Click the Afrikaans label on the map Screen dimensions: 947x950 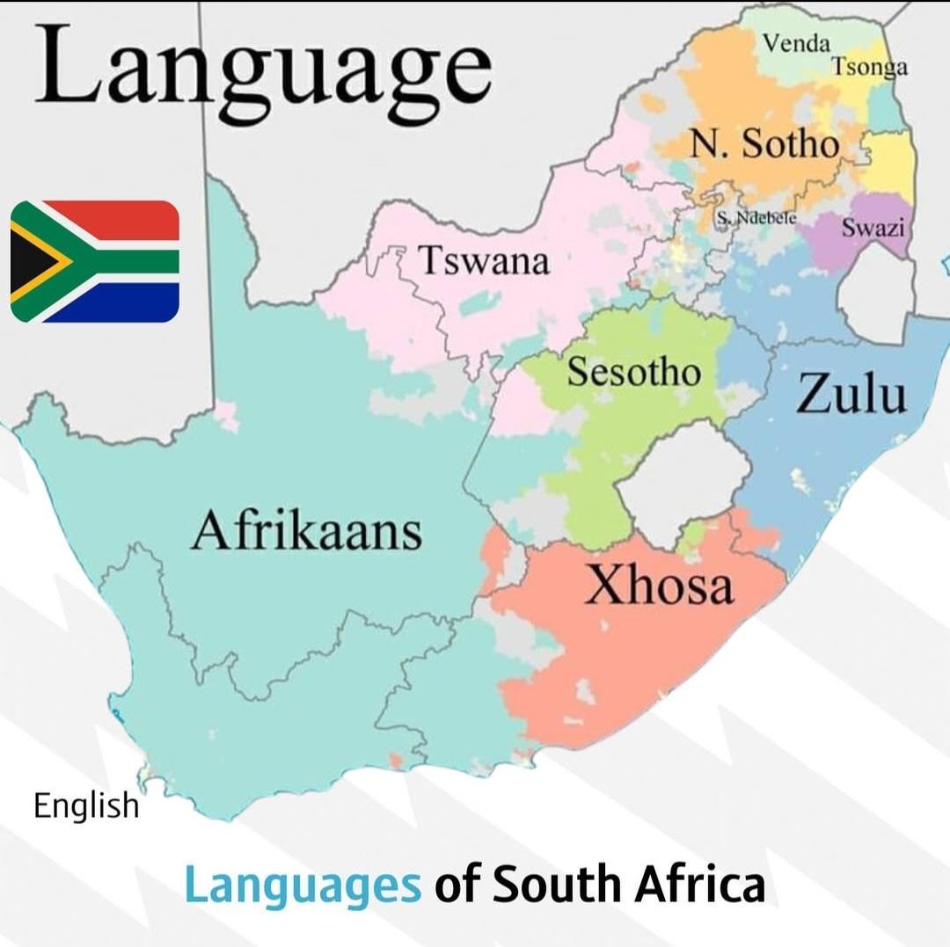click(x=306, y=532)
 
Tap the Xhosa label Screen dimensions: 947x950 click(x=659, y=584)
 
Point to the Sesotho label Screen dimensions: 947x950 click(x=633, y=372)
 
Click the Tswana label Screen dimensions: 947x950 click(x=483, y=261)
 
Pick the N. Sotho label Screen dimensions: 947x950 click(x=764, y=143)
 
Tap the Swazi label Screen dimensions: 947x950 click(x=873, y=228)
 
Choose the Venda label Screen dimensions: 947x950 click(x=796, y=42)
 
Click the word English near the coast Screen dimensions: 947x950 click(x=86, y=805)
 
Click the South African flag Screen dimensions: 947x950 click(x=95, y=261)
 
